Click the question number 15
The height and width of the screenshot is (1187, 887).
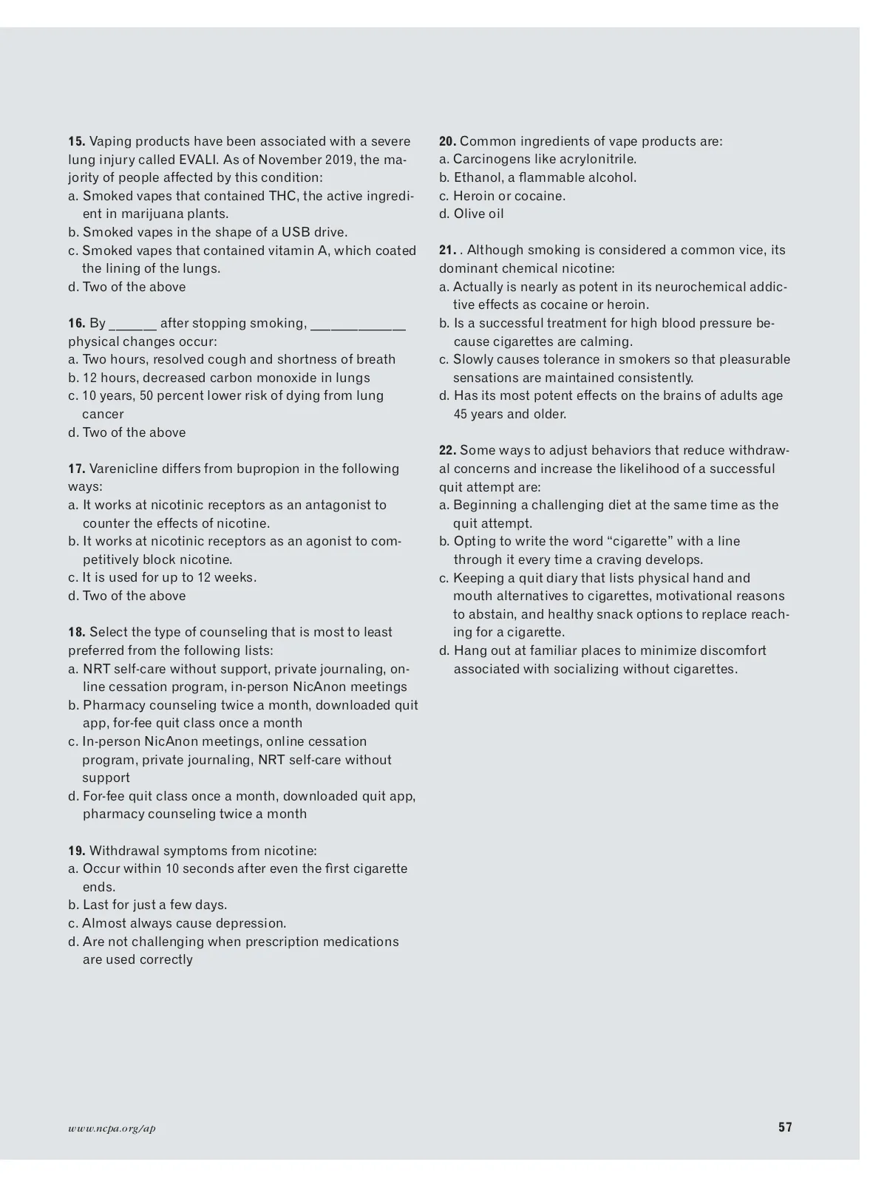77,141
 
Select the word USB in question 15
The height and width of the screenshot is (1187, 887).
296,232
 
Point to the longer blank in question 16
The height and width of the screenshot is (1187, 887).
358,324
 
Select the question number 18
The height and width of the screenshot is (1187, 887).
77,632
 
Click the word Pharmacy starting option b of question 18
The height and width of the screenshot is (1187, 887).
112,705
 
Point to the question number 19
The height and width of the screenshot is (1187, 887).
77,851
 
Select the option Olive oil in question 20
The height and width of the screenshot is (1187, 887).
479,214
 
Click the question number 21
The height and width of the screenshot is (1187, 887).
447,250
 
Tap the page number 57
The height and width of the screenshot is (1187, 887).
785,1127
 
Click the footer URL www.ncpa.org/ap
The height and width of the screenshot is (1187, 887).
112,1128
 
